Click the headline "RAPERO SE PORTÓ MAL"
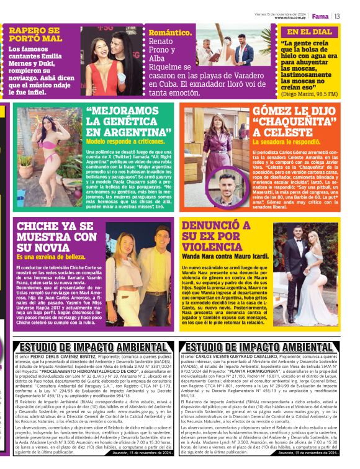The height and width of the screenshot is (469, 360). (35, 34)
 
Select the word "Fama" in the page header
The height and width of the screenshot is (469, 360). (320, 16)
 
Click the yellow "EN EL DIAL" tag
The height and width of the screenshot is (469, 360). (309, 32)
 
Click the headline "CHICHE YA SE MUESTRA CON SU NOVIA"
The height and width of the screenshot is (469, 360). (57, 236)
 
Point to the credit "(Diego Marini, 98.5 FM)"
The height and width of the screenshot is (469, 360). (309, 94)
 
